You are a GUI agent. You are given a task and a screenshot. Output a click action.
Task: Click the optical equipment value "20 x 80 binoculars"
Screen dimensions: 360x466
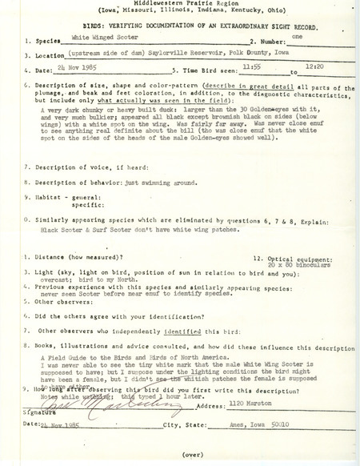pos(292,265)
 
